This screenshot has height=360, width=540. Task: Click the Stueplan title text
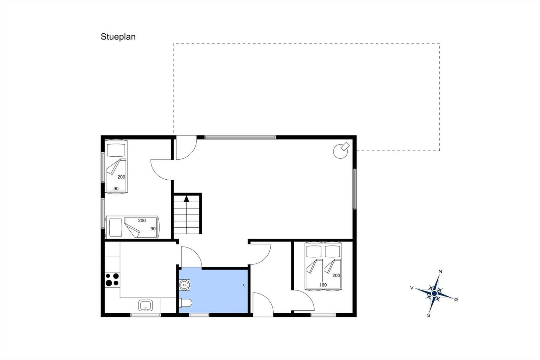pyautogui.click(x=118, y=37)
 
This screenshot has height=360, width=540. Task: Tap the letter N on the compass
pyautogui.click(x=440, y=272)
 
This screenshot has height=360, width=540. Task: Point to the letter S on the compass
pyautogui.click(x=428, y=315)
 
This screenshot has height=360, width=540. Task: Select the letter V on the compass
pyautogui.click(x=412, y=288)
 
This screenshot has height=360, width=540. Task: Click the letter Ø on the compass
pyautogui.click(x=456, y=300)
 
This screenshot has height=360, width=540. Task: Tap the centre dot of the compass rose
pyautogui.click(x=434, y=293)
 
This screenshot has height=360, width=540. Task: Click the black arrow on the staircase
pyautogui.click(x=186, y=199)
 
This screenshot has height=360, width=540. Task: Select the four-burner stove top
pyautogui.click(x=112, y=279)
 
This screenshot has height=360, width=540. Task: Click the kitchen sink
pyautogui.click(x=145, y=305)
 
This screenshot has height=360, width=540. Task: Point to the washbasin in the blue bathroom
pyautogui.click(x=184, y=285)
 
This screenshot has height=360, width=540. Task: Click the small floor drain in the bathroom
pyautogui.click(x=244, y=285)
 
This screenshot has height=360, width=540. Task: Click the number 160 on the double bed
pyautogui.click(x=323, y=285)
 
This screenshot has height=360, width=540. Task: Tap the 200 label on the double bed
pyautogui.click(x=336, y=275)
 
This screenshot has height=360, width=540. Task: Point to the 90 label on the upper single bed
pyautogui.click(x=116, y=189)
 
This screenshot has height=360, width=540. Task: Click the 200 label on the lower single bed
pyautogui.click(x=142, y=220)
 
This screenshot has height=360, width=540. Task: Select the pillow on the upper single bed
pyautogui.click(x=116, y=150)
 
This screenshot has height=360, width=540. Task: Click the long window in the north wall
pyautogui.click(x=240, y=137)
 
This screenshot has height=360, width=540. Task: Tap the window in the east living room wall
pyautogui.click(x=355, y=189)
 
